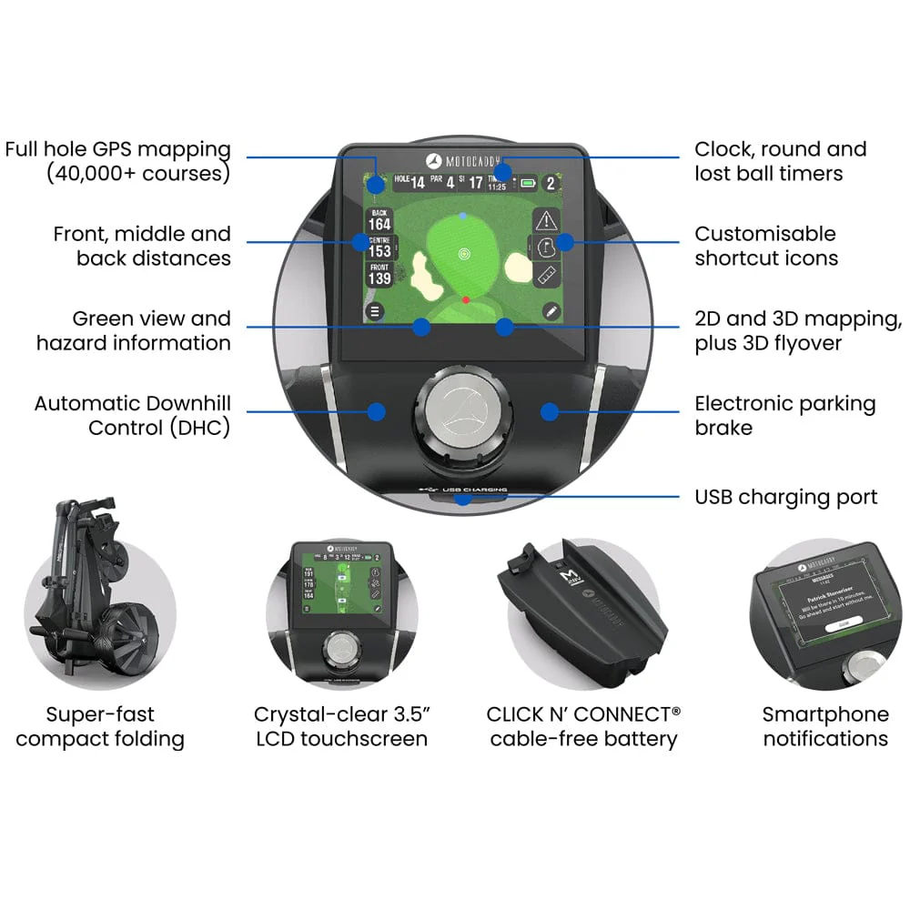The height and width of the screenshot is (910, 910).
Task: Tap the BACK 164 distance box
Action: [x=379, y=219]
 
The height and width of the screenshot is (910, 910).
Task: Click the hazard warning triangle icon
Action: [x=547, y=219]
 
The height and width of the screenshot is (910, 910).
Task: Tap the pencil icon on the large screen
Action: [x=550, y=311]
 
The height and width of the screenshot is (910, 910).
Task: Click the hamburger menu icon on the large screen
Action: [x=375, y=311]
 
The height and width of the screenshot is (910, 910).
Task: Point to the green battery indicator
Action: [x=528, y=183]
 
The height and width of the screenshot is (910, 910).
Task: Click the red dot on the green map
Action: [x=465, y=298]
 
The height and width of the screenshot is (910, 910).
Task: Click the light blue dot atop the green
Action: [x=463, y=216]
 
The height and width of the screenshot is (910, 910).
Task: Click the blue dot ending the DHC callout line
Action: [x=376, y=411]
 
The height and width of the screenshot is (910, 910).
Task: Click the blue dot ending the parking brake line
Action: [x=548, y=411]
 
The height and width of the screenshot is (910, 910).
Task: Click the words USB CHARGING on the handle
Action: [x=472, y=490]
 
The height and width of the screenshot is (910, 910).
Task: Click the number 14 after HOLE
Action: [x=417, y=183]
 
